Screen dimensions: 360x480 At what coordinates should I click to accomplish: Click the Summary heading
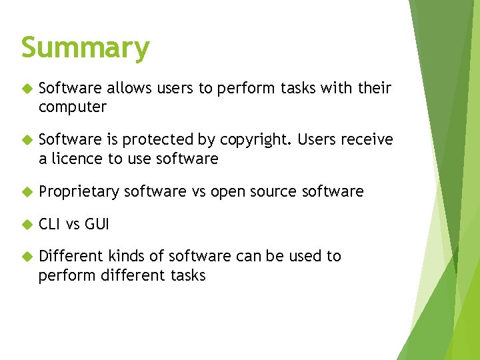click(x=85, y=49)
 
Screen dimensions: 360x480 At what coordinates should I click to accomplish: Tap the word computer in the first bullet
click(x=73, y=107)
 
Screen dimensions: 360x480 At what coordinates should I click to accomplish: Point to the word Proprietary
click(x=79, y=192)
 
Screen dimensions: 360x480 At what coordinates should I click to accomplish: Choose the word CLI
click(x=50, y=224)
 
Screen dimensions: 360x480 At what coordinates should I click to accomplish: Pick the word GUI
click(x=97, y=224)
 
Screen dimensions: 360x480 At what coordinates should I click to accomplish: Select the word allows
click(x=129, y=88)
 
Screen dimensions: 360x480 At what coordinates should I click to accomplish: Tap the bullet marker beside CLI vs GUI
click(x=27, y=224)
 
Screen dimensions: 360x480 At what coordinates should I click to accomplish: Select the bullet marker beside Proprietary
click(x=27, y=192)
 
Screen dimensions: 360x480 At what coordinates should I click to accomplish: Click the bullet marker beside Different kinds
click(x=27, y=256)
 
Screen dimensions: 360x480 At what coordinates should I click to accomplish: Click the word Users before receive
click(x=317, y=140)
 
